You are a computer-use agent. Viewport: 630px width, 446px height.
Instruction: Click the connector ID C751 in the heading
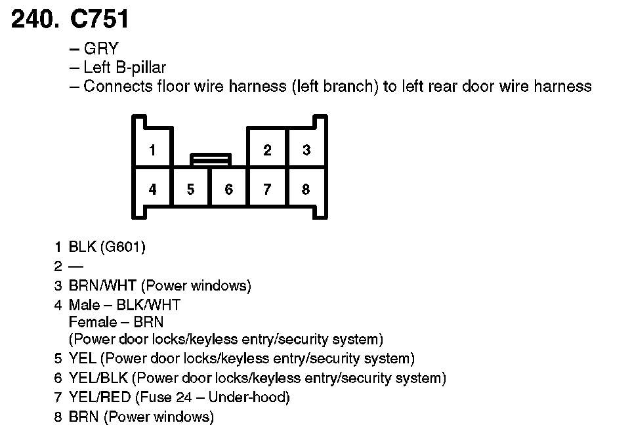pos(100,20)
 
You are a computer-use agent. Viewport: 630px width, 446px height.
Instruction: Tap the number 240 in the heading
pos(33,20)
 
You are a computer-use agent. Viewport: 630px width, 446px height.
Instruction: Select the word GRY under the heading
pos(100,49)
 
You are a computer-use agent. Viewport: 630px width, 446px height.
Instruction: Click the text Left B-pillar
pos(125,68)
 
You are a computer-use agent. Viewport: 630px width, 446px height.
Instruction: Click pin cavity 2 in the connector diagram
pos(267,150)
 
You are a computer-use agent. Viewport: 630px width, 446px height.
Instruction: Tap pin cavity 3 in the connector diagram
pos(306,150)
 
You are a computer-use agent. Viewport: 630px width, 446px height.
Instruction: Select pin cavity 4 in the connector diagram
pos(152,190)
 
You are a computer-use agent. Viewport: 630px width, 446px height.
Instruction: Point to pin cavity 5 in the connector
pos(190,190)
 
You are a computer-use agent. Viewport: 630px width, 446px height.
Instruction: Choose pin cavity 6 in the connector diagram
pos(228,190)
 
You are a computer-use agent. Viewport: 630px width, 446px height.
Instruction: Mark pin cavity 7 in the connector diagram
pos(267,190)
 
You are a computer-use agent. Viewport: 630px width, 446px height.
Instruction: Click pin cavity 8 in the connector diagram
pos(306,190)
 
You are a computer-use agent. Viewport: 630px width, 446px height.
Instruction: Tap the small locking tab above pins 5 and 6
pos(210,159)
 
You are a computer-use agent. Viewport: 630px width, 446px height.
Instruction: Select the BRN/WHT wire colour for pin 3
pos(102,286)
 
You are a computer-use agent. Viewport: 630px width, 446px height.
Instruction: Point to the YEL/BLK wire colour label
pos(98,378)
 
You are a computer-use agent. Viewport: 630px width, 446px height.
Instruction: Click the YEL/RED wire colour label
pos(100,397)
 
